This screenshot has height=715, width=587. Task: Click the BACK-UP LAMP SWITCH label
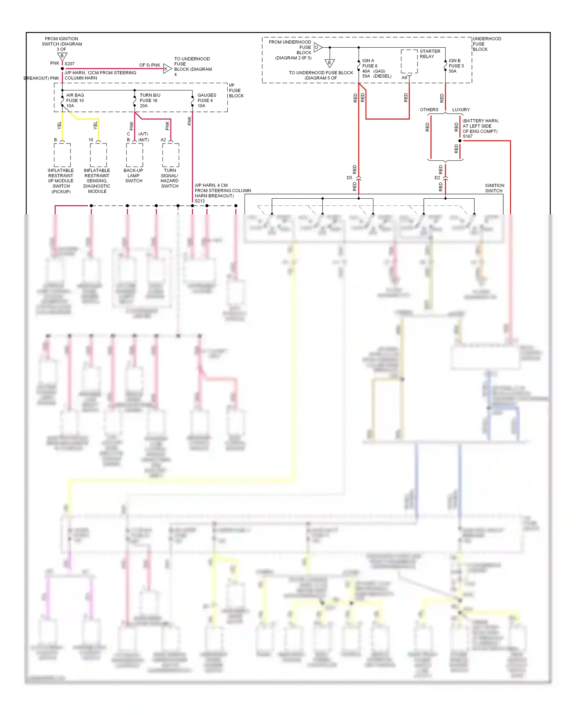[x=133, y=176]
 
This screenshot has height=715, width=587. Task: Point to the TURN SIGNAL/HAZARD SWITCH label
[x=169, y=178]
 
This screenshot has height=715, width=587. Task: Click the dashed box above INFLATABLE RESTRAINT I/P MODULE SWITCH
[x=62, y=155]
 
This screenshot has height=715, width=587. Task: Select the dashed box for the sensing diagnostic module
[x=98, y=155]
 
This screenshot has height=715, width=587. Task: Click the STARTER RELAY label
[x=430, y=54]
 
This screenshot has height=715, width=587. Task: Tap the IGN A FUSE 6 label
[x=369, y=63]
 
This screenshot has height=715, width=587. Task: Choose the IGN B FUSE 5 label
[x=456, y=63]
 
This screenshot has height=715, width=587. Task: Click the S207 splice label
[x=69, y=64]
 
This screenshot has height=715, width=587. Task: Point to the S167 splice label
[x=468, y=137]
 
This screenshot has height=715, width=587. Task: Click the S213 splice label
[x=200, y=201]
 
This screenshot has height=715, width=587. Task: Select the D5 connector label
[x=349, y=178]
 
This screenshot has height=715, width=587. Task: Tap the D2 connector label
[x=437, y=178]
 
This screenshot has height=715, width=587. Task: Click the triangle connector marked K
[x=167, y=69]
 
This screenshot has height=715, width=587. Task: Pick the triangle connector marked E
[x=330, y=63]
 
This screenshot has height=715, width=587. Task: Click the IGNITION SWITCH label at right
[x=494, y=188]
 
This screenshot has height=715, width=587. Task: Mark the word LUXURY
[x=461, y=110]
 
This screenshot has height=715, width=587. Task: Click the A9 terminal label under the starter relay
[x=404, y=77]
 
